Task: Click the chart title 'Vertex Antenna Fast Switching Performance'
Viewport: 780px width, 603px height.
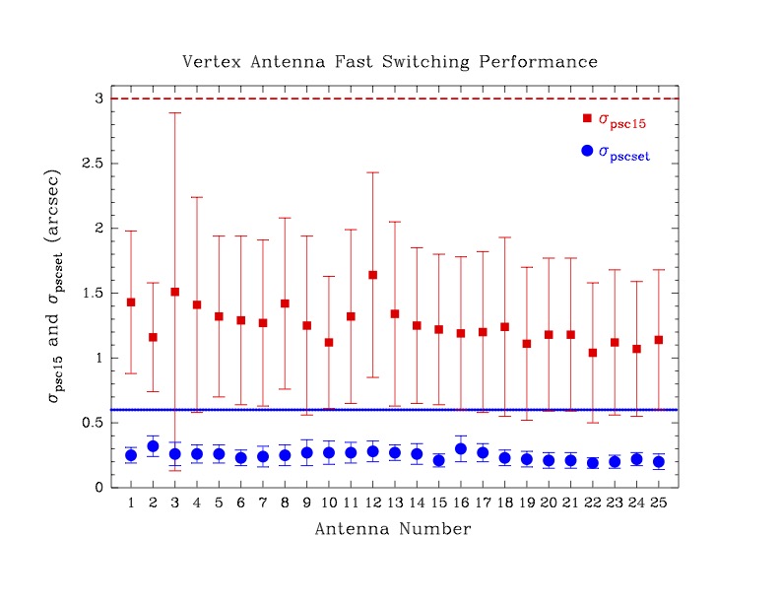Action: coord(390,62)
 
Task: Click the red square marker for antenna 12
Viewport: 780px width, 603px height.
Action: coord(373,275)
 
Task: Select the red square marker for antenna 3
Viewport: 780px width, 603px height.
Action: coord(175,292)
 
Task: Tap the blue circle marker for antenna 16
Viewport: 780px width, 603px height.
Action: coord(461,449)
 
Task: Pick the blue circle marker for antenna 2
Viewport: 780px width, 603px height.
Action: coord(153,446)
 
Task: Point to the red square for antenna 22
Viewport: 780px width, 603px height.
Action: coord(593,353)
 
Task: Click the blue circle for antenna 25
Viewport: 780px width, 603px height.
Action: coord(659,461)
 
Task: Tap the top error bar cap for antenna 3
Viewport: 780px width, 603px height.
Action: coord(175,113)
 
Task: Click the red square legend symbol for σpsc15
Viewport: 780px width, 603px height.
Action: coord(588,118)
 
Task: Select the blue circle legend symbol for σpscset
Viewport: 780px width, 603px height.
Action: coord(588,151)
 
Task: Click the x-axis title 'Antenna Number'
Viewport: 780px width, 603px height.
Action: coord(393,530)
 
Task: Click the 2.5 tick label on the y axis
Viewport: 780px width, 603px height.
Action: coord(97,164)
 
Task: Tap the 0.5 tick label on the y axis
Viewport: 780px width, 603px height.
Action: coord(97,423)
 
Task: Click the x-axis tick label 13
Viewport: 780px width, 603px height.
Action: coord(395,503)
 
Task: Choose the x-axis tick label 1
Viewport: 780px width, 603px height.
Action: coord(131,503)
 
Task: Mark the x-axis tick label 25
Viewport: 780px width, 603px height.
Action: coord(659,503)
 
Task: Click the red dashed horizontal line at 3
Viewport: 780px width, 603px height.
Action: coord(394,99)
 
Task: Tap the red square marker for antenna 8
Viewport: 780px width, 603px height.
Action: coord(285,303)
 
